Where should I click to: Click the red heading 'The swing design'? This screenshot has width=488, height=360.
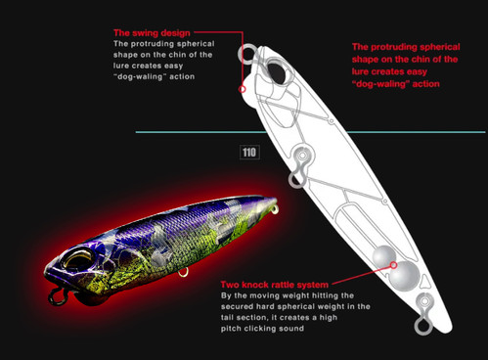pyautogui.click(x=152, y=33)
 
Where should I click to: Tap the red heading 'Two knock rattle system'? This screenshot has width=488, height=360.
pyautogui.click(x=275, y=285)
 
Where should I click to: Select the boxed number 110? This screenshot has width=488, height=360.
pyautogui.click(x=249, y=153)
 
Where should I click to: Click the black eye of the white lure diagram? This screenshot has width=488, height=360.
pyautogui.click(x=277, y=73)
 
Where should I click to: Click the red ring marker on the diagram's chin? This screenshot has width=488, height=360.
pyautogui.click(x=242, y=89)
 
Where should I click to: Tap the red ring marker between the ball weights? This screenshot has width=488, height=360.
pyautogui.click(x=393, y=265)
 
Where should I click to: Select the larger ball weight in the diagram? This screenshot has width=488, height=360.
pyautogui.click(x=404, y=276)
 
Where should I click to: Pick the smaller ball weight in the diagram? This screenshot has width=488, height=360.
pyautogui.click(x=384, y=256)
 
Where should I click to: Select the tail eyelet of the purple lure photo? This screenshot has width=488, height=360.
pyautogui.click(x=276, y=209)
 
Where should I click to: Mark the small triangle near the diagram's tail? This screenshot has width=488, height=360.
pyautogui.click(x=426, y=281)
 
